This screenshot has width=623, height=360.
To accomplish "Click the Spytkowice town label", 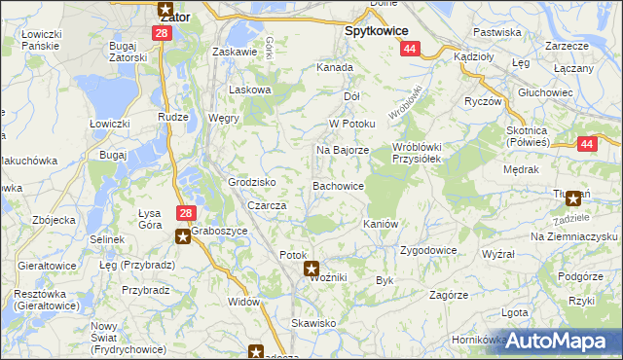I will [x=376, y=31].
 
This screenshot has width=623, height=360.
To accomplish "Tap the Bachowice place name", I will [x=338, y=185].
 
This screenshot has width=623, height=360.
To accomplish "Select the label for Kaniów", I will [x=381, y=224].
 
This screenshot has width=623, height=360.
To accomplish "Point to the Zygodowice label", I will [x=428, y=250].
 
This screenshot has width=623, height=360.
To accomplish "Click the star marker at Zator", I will [x=165, y=9].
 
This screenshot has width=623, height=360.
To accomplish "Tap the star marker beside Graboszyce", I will [x=182, y=234].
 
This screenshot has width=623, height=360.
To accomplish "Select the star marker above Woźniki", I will [x=311, y=269].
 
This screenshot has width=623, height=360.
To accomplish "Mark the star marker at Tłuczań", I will [x=573, y=198].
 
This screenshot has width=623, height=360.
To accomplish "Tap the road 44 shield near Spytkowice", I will [x=410, y=49].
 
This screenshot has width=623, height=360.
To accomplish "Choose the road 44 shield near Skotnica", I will [x=586, y=144].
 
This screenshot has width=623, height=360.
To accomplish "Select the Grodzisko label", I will [x=252, y=182].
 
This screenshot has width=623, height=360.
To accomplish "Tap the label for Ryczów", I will [x=482, y=101].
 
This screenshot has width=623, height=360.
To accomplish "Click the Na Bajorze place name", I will [x=342, y=151].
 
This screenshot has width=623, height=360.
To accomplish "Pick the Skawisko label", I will [x=313, y=322].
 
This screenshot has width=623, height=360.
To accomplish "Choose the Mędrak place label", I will [x=522, y=169].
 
